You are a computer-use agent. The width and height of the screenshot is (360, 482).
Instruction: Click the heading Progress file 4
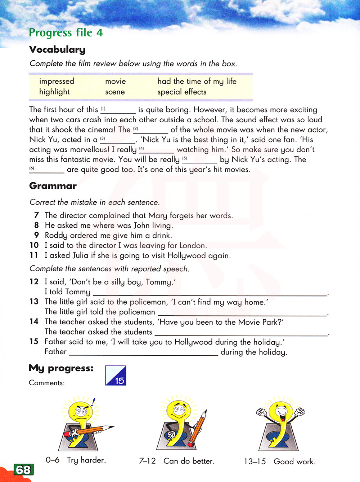tap(66, 33)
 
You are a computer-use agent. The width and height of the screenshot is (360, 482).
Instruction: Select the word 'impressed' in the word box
tap(57, 81)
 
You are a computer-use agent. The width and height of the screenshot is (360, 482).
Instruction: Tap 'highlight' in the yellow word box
tap(54, 92)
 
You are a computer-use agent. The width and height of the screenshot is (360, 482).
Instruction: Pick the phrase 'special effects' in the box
tap(182, 92)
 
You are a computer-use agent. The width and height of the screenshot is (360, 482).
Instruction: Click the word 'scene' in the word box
tap(115, 92)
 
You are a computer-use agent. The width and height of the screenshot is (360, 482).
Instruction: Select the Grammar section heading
tap(53, 186)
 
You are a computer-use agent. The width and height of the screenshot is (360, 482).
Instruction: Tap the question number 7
tap(36, 215)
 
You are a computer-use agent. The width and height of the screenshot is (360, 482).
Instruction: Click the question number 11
tap(34, 255)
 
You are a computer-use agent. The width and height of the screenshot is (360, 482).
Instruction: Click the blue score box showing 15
tap(116, 376)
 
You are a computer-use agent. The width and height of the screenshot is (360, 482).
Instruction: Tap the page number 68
tap(23, 470)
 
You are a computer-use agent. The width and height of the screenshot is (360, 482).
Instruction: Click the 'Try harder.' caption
tap(86, 460)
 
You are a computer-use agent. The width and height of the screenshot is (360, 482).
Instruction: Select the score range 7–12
tap(147, 461)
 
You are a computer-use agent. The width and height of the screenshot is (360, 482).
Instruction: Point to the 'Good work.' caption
tap(294, 461)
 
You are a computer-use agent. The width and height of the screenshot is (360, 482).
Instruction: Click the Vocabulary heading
tap(57, 49)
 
